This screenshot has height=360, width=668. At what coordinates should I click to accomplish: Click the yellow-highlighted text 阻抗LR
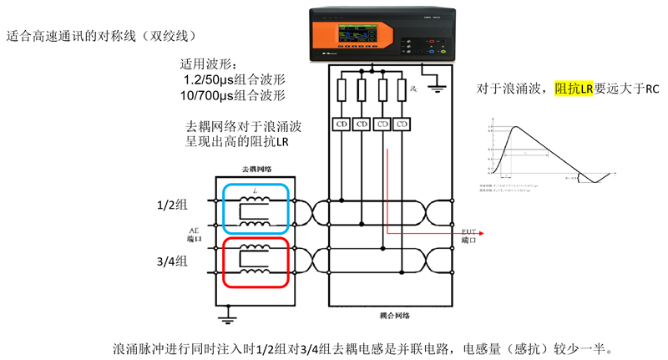coord(574,88)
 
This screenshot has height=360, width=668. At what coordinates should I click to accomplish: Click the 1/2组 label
coord(174,203)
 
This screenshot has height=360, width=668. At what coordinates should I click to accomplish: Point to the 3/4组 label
coord(174,261)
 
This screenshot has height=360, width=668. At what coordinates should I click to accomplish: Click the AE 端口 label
coord(195,233)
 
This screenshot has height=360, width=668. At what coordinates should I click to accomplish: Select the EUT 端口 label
coord(469,234)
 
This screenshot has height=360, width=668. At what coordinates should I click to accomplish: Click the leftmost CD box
coord(341,124)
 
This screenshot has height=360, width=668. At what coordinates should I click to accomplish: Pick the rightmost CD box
coord(403,124)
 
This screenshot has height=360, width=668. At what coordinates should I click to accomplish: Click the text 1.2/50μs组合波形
coord(235,79)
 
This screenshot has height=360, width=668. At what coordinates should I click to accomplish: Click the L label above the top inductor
coord(254,191)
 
